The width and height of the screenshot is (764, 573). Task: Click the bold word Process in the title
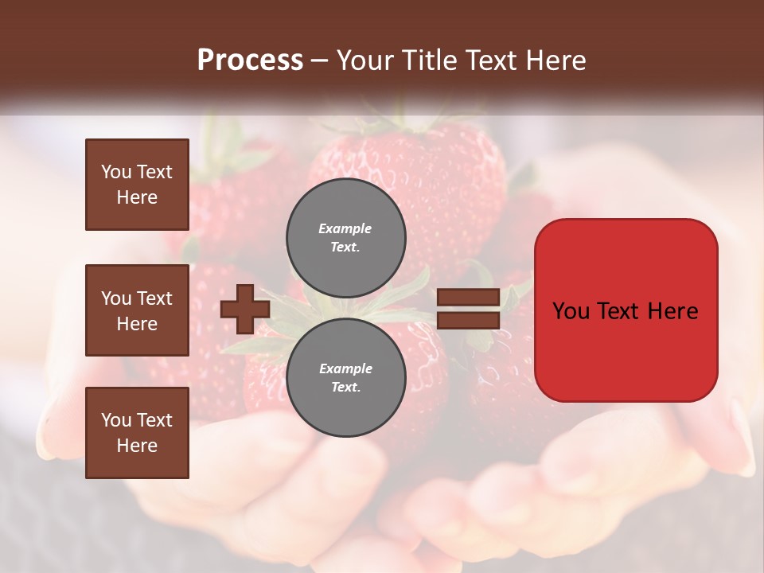[x=250, y=60]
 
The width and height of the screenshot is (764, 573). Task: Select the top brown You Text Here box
[x=137, y=185]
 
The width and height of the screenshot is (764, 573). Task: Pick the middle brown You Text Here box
[x=137, y=310]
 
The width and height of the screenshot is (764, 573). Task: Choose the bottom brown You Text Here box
[x=137, y=433]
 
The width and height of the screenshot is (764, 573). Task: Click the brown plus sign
[x=245, y=309]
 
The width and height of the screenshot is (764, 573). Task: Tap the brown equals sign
[x=469, y=309]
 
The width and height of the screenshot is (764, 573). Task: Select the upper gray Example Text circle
[x=346, y=237]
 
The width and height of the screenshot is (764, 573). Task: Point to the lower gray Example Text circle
[x=346, y=377]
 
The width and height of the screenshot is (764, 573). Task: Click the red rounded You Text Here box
[x=626, y=310]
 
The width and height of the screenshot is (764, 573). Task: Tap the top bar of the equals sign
[x=469, y=298]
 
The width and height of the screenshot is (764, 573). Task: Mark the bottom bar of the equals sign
[x=469, y=321]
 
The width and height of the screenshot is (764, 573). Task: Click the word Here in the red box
[x=672, y=311]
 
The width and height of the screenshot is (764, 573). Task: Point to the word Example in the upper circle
[x=345, y=228]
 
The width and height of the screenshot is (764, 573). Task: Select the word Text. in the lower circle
[x=345, y=387]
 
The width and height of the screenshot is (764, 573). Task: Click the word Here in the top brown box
[x=137, y=197]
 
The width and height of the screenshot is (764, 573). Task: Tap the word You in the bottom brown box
[x=115, y=420]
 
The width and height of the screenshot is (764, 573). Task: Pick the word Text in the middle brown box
[x=154, y=298]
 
